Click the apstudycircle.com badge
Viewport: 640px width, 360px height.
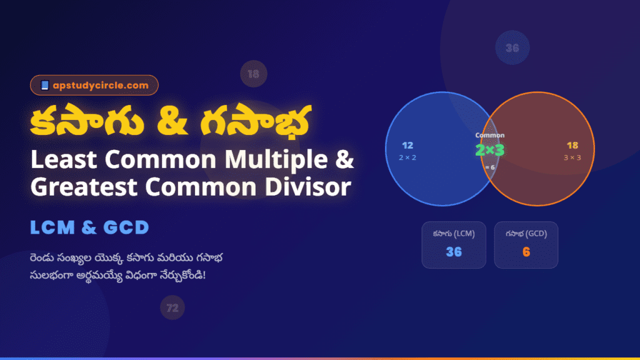point(94,85)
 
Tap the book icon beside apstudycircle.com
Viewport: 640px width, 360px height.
point(44,85)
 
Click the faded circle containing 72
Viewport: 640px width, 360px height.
point(172,307)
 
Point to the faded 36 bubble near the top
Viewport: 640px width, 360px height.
point(512,47)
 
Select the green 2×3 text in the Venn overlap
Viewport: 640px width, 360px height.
point(489,150)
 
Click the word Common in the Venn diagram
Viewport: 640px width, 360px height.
point(489,135)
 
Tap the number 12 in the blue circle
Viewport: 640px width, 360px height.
point(407,146)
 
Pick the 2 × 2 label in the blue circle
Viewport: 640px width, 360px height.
point(407,157)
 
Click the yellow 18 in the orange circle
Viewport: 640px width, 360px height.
point(572,146)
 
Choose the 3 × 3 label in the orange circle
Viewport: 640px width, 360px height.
point(572,157)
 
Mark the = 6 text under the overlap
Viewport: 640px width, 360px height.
point(489,167)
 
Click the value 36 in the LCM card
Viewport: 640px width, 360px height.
point(454,252)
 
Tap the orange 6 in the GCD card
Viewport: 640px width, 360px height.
point(526,252)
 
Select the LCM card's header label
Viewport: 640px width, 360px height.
point(454,234)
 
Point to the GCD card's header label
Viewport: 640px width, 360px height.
point(526,234)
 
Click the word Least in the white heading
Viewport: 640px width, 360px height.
point(64,161)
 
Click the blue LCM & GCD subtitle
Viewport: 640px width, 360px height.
point(89,227)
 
